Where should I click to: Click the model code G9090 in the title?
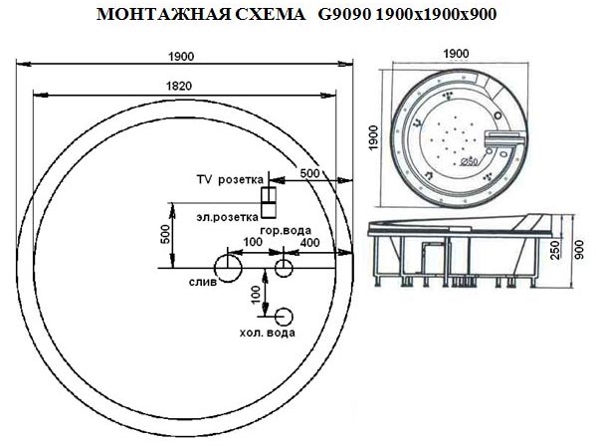tap(343, 15)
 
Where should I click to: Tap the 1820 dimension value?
tap(179, 86)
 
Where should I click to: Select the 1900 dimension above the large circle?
tap(181, 57)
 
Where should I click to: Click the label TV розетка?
tap(230, 179)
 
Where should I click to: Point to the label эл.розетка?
tap(228, 217)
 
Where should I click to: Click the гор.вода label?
tap(286, 230)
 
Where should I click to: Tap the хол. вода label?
tap(268, 333)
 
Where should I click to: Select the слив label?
tap(203, 282)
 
